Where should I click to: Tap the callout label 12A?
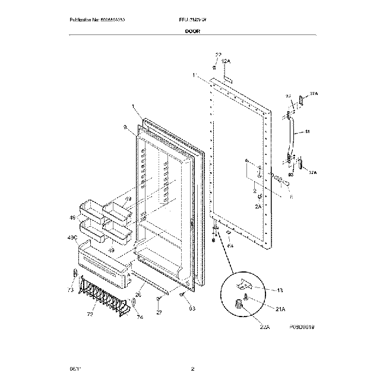226,62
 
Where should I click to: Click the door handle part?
292,134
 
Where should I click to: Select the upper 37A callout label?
313,93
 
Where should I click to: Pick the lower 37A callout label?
313,172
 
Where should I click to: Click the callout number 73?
71,290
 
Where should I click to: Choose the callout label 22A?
263,326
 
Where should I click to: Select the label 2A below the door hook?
258,206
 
